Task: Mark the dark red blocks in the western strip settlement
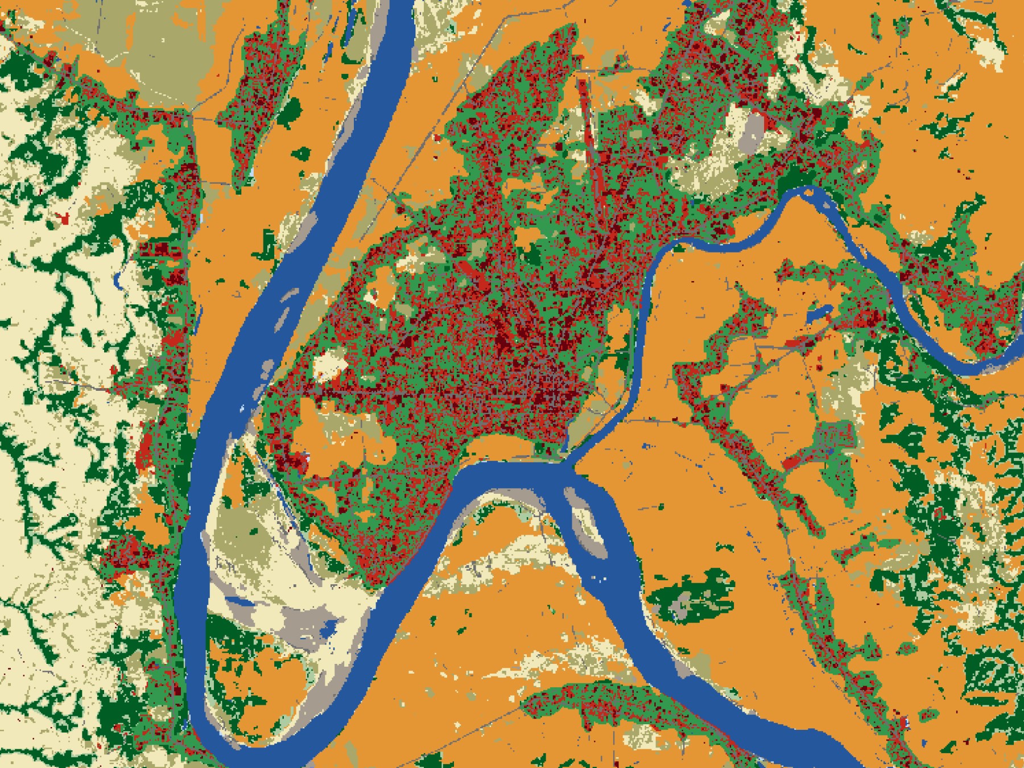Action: pyautogui.click(x=165, y=250)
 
